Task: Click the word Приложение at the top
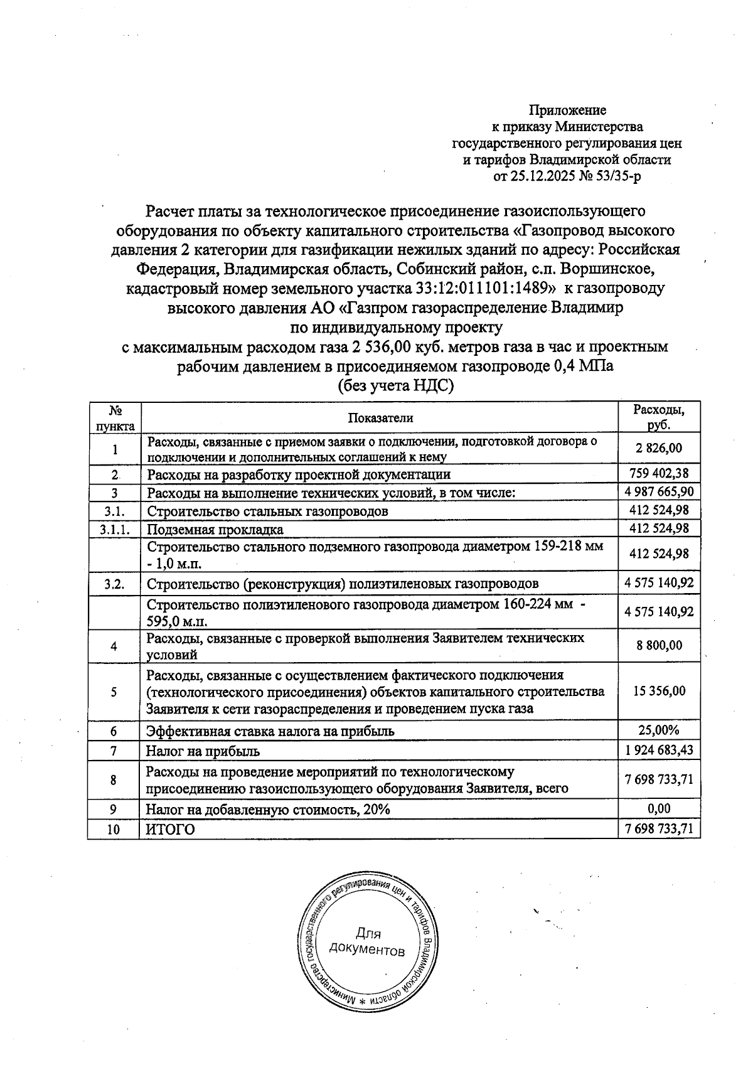click(568, 110)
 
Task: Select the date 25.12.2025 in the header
click(543, 176)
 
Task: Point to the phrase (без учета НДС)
click(395, 385)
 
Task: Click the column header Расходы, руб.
click(658, 417)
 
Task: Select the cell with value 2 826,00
click(658, 448)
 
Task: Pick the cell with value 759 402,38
click(658, 474)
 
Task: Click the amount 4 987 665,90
click(659, 491)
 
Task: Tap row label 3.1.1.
click(114, 529)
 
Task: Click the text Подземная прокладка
click(215, 529)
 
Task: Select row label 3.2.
click(114, 584)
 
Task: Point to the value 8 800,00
click(659, 645)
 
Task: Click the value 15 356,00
click(659, 691)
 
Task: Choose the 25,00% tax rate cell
click(659, 731)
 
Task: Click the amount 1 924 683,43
click(659, 750)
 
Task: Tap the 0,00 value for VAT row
click(659, 808)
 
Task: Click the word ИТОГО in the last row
click(170, 829)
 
